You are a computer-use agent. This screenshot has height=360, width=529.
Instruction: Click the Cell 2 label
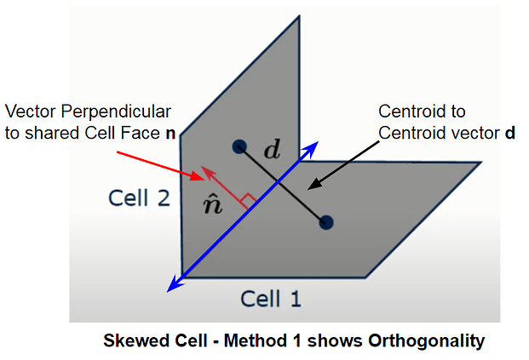pyautogui.click(x=139, y=198)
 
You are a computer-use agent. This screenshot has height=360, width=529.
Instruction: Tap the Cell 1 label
pyautogui.click(x=270, y=299)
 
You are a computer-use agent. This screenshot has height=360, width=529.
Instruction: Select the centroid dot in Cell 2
pyautogui.click(x=239, y=146)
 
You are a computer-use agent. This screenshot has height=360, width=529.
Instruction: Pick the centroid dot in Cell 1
pyautogui.click(x=325, y=222)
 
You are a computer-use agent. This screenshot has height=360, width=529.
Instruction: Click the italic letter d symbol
pyautogui.click(x=272, y=152)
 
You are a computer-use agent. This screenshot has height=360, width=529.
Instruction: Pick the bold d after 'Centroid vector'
pyautogui.click(x=509, y=133)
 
